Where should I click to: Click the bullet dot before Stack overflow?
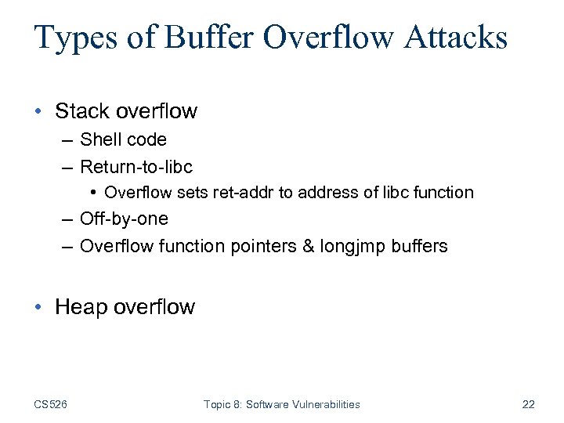(39, 111)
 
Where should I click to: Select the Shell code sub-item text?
(123, 139)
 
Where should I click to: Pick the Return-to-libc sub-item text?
(136, 166)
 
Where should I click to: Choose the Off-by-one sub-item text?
(124, 219)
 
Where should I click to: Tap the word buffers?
(420, 246)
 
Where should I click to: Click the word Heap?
(81, 306)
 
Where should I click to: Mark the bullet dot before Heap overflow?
(39, 306)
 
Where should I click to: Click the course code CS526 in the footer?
(50, 404)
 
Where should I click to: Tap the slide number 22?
(528, 404)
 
